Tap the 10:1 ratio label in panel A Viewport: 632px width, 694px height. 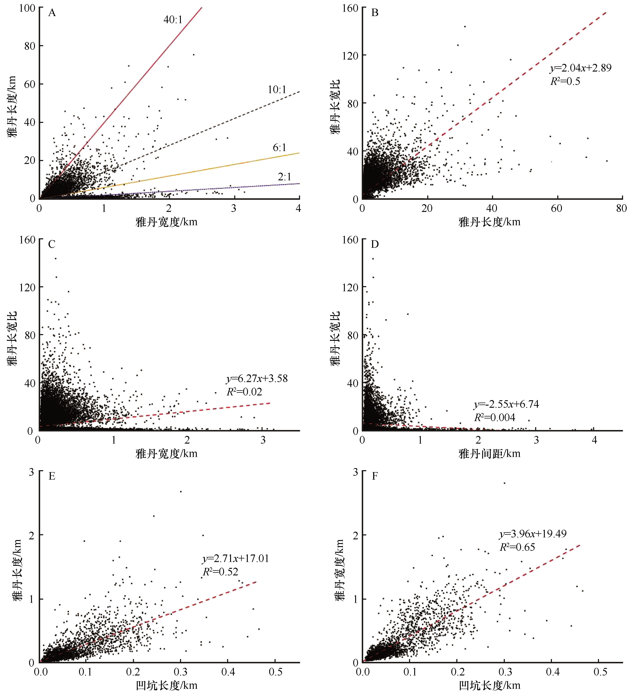277,90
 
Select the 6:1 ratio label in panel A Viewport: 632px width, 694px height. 280,148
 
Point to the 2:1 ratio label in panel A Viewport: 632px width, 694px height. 284,177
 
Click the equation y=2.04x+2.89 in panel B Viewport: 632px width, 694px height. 581,68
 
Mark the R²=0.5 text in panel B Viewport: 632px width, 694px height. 565,82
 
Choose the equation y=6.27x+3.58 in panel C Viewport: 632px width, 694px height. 257,379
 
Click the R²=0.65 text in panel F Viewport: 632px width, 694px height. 517,547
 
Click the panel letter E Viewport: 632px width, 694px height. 52,476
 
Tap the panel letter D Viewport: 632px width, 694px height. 375,244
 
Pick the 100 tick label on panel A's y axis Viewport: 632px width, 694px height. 27,8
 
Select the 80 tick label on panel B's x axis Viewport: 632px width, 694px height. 621,209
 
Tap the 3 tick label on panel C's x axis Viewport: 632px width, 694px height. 263,440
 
